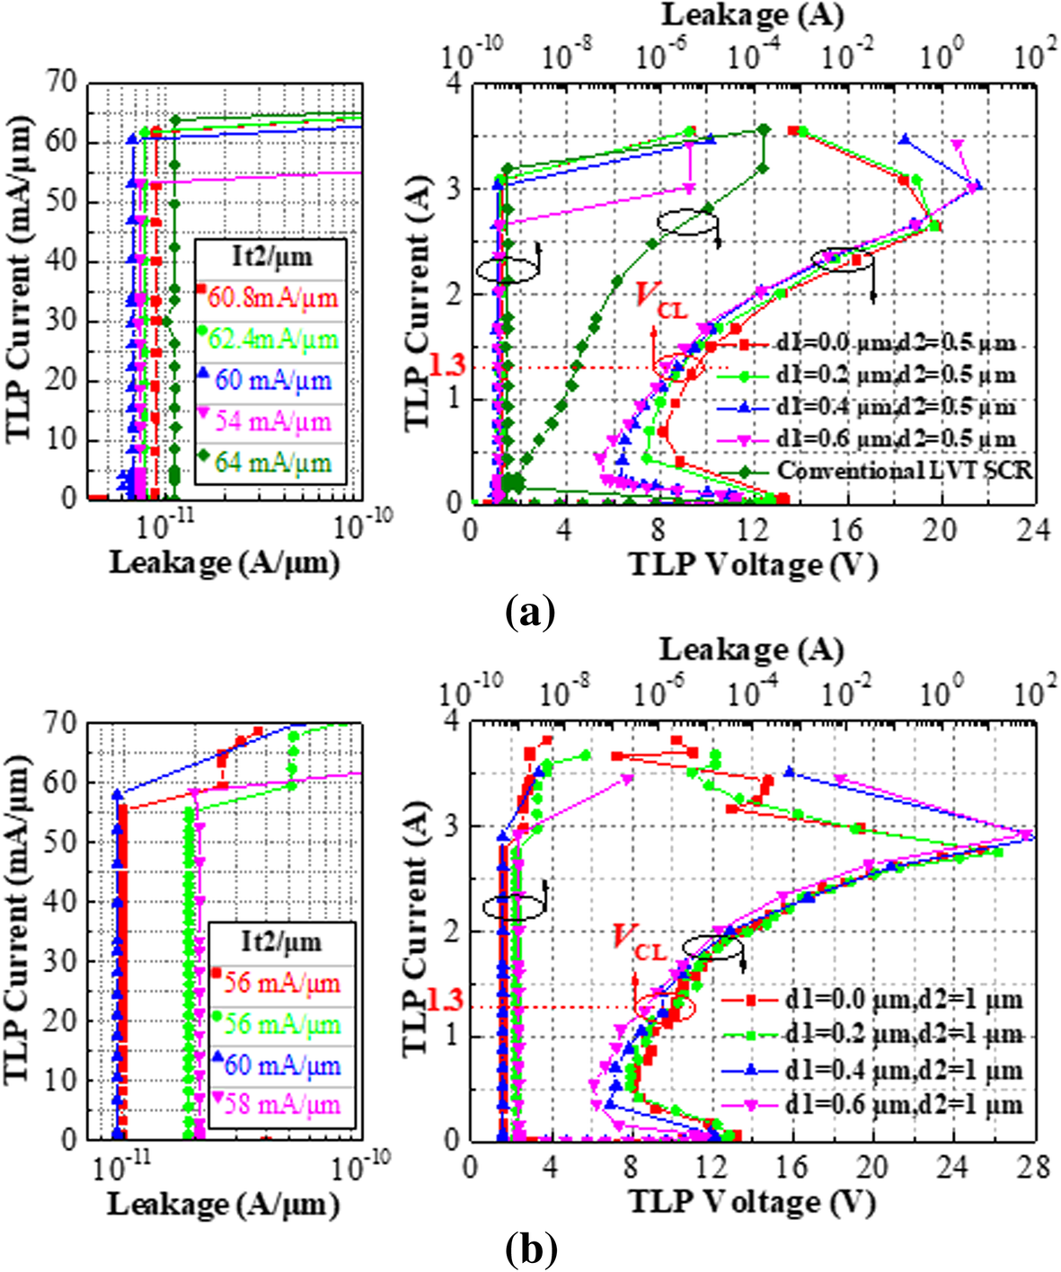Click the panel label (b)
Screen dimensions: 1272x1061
530,1248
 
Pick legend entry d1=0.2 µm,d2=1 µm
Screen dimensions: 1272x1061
902,1035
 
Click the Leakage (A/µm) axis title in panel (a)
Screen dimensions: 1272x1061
224,563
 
